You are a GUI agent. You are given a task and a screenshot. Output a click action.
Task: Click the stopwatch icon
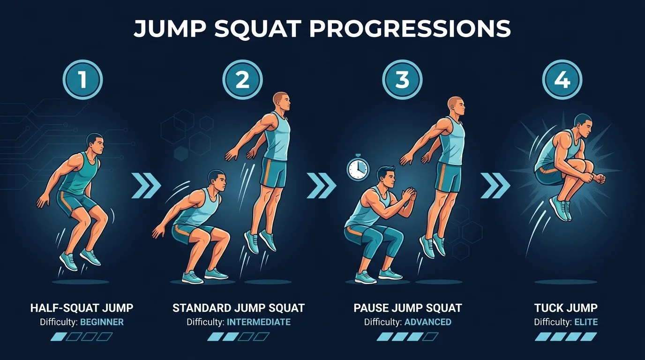pyautogui.click(x=358, y=168)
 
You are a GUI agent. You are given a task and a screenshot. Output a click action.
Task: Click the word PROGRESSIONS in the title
pyautogui.click(x=410, y=29)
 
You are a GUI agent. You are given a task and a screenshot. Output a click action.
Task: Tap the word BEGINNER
pyautogui.click(x=102, y=322)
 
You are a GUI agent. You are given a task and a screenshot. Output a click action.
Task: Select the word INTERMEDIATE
pyautogui.click(x=259, y=322)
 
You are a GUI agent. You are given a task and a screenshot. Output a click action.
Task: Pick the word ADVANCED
pyautogui.click(x=428, y=322)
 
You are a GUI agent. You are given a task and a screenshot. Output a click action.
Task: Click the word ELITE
pyautogui.click(x=586, y=322)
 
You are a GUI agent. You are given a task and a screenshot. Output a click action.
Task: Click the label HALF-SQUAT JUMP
pyautogui.click(x=82, y=308)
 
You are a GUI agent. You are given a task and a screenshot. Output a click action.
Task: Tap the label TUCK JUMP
pyautogui.click(x=566, y=308)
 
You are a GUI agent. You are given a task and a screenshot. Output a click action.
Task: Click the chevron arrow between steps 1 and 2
pyautogui.click(x=146, y=186)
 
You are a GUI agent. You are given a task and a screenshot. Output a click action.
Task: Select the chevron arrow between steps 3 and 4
pyautogui.click(x=495, y=186)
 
